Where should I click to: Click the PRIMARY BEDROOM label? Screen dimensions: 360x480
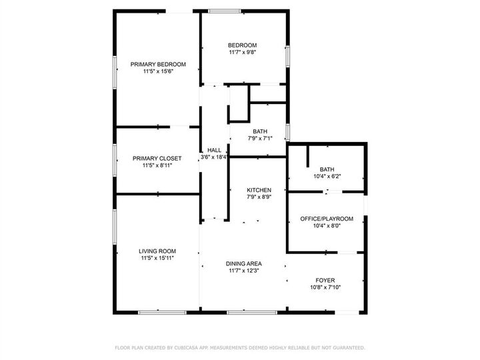tap(158, 64)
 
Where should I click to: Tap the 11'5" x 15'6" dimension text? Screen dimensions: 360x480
tap(158, 71)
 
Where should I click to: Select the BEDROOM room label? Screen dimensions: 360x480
tap(242, 45)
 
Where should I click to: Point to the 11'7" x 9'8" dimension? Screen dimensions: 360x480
tap(242, 52)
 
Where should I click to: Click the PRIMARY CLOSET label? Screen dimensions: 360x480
tap(157, 158)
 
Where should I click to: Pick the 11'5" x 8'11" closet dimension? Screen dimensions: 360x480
tap(157, 165)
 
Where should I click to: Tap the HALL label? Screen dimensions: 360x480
tap(214, 150)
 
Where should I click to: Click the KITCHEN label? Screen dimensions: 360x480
tap(258, 190)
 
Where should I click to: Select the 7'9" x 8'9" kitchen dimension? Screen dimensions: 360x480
tap(258, 197)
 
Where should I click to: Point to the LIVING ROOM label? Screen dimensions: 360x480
tap(157, 251)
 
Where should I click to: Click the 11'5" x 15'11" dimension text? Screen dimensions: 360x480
tap(157, 258)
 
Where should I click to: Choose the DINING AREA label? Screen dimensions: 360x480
tap(243, 263)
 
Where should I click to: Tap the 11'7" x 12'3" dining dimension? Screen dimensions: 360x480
tap(243, 271)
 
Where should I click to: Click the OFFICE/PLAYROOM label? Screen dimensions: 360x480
tap(326, 219)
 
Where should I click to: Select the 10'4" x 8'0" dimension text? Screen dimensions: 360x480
tap(326, 226)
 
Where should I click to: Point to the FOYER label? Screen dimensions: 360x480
tap(325, 280)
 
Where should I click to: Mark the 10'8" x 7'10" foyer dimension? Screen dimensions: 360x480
tap(325, 287)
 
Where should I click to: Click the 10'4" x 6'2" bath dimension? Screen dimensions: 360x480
tap(326, 176)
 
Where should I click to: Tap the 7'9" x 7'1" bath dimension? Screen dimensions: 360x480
tap(260, 139)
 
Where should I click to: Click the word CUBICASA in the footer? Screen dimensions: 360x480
tap(189, 347)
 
